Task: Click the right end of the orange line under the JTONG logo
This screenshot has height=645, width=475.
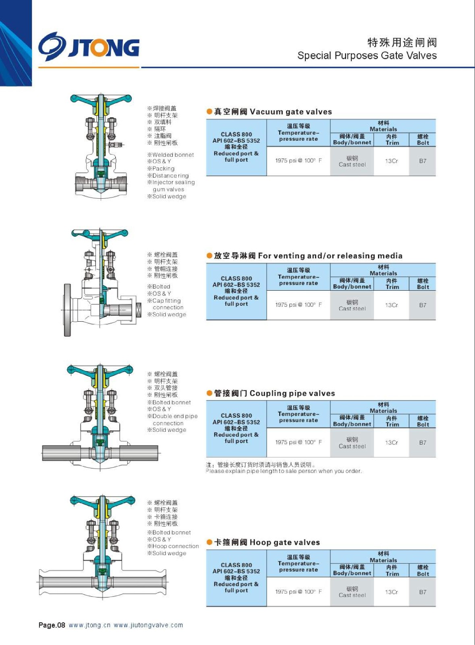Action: (139, 67)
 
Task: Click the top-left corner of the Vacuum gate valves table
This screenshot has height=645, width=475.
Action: (206, 119)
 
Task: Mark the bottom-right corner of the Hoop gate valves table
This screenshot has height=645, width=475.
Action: (436, 607)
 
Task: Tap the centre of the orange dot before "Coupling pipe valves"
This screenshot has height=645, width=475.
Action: (209, 393)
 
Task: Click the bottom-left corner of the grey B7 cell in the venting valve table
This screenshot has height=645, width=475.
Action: (409, 320)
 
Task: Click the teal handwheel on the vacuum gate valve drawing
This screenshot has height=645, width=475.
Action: (101, 99)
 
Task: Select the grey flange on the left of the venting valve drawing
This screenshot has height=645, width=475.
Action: (67, 310)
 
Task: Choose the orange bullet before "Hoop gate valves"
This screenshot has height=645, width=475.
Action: (209, 543)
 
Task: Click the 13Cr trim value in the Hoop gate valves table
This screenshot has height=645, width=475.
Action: (392, 592)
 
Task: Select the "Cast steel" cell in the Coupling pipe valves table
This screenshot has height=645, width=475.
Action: (352, 443)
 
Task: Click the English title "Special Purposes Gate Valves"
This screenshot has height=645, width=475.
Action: (367, 55)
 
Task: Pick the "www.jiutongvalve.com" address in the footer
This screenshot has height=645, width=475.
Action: (148, 625)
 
